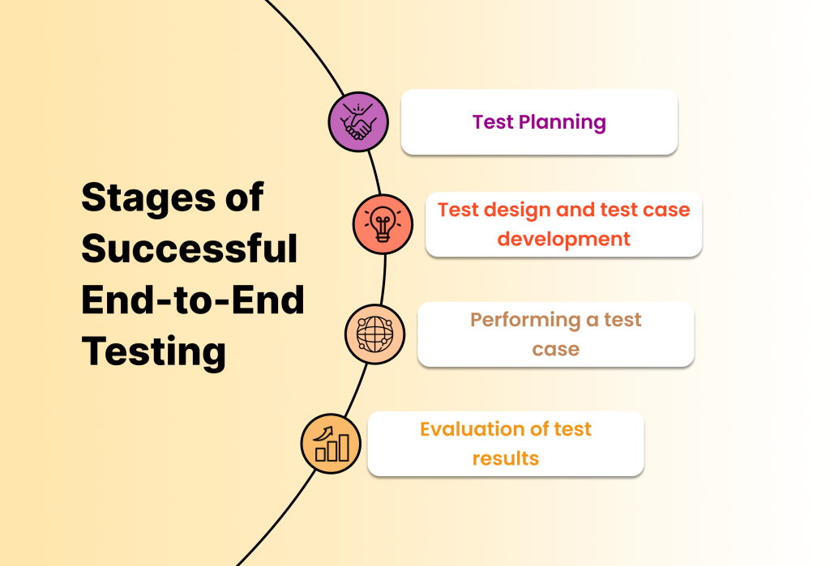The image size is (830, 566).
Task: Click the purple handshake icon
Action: coord(358,121)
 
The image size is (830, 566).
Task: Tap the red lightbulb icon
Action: coord(383,224)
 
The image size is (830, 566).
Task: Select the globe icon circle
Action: coord(374,333)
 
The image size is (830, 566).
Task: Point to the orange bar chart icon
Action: coord(331,442)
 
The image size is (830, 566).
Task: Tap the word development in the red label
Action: coord(563,239)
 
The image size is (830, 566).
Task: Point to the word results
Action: coord(505,458)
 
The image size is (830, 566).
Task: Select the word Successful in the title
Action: coord(190,249)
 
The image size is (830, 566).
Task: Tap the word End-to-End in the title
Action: coord(193,300)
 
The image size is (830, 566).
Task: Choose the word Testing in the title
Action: coord(153,352)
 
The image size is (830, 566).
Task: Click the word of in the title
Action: coord(244,198)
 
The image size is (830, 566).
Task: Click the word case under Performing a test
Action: coord(555,349)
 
